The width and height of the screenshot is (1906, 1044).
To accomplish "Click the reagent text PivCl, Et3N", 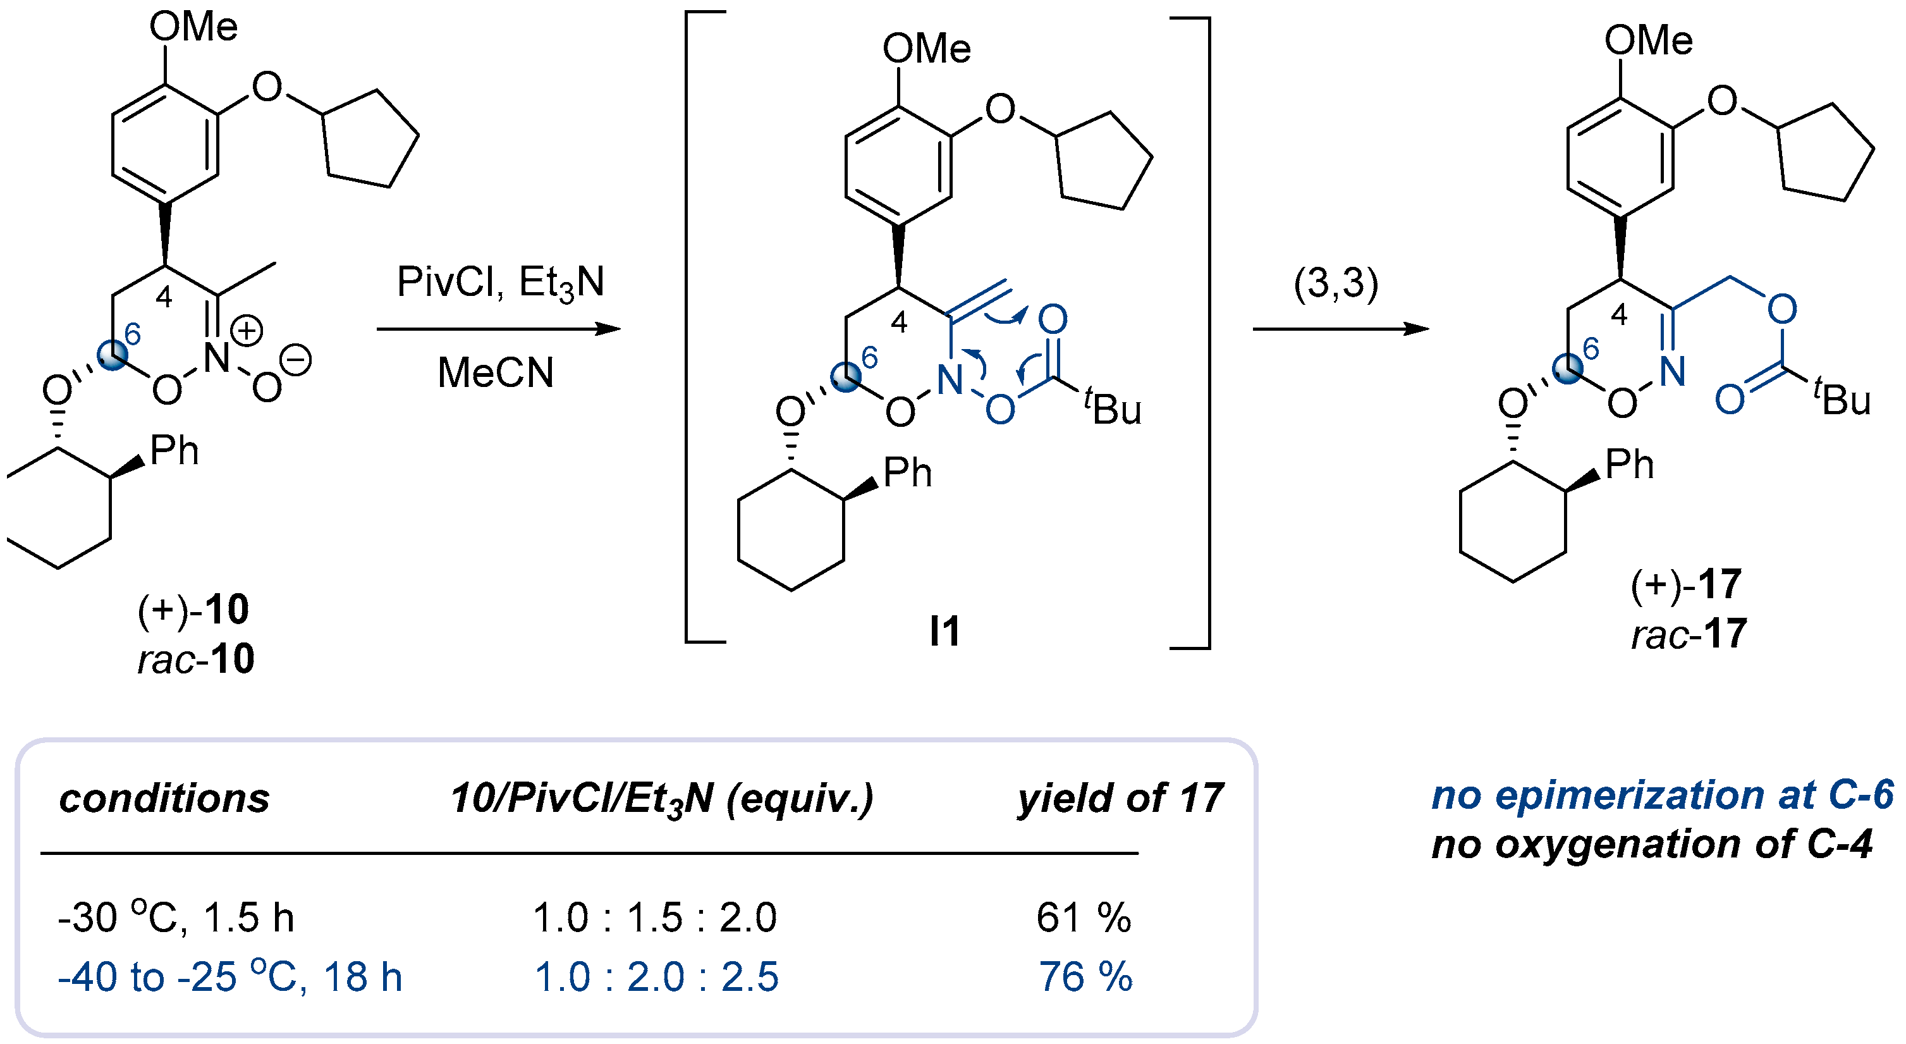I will (500, 283).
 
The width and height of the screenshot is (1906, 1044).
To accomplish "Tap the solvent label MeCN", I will (496, 372).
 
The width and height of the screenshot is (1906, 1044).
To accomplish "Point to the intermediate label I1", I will (945, 631).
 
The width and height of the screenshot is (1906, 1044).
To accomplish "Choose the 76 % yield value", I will (1085, 977).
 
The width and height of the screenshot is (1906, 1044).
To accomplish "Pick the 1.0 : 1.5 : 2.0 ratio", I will (655, 918).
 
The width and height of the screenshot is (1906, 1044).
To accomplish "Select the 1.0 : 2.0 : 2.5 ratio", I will (656, 977).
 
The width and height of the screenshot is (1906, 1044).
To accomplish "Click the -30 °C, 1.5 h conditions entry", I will (176, 918).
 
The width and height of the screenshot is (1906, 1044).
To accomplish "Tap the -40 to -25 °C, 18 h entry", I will (230, 977).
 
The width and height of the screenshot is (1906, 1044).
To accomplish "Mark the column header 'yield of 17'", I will (1120, 799).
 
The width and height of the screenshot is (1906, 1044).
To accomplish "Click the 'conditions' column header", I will (164, 799).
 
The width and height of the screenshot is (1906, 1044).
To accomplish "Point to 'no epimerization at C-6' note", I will (1662, 795).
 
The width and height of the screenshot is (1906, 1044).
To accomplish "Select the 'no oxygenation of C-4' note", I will (1651, 844).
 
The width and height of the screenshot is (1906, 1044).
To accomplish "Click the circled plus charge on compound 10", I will (247, 330).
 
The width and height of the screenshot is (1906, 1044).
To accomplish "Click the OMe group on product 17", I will (1648, 40).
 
